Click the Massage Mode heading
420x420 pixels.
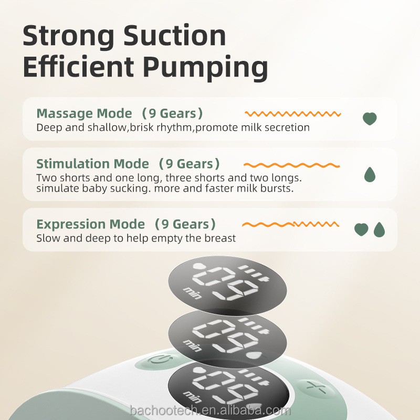[x=84, y=113]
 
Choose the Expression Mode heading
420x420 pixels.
[x=90, y=225]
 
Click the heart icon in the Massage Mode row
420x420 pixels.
[x=370, y=119]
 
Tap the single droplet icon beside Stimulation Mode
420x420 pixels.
[x=370, y=174]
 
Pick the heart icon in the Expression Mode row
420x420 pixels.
[x=361, y=229]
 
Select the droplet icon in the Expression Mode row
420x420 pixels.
[x=379, y=229]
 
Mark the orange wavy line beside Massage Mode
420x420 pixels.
[x=293, y=113]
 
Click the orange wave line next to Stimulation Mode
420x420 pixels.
[x=293, y=165]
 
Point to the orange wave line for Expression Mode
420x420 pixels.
[x=293, y=224]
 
